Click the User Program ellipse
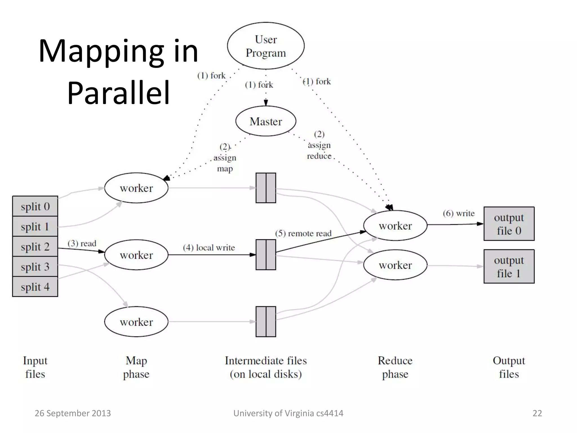pos(266,46)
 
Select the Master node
pos(266,121)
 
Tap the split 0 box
pos(35,206)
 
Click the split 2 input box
pos(35,247)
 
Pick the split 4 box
pos(35,287)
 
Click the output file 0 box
pos(509,224)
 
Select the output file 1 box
pos(509,266)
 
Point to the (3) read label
pos(82,243)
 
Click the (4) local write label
pos(209,248)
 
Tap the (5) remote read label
pos(303,233)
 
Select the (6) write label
pos(459,213)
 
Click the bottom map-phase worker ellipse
pos(136,322)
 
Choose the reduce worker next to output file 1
pos(395,265)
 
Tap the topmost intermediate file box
pos(266,188)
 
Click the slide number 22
pos(537,413)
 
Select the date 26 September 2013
pos(73,413)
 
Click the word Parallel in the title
pos(119,92)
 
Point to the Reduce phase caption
pos(395,367)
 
